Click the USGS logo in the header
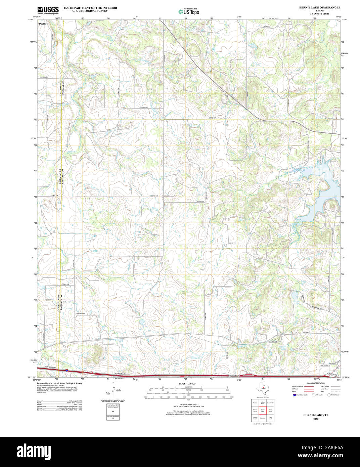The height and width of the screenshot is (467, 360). coord(48,10)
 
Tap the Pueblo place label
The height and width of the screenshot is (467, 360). coord(43,24)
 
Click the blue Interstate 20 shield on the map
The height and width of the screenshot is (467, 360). coord(66,370)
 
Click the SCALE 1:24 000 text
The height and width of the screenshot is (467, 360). coord(187,383)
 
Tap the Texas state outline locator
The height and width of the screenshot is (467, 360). coord(262,389)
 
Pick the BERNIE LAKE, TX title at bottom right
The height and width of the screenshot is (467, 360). coord(316,415)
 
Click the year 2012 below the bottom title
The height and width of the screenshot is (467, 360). coord(316,419)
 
